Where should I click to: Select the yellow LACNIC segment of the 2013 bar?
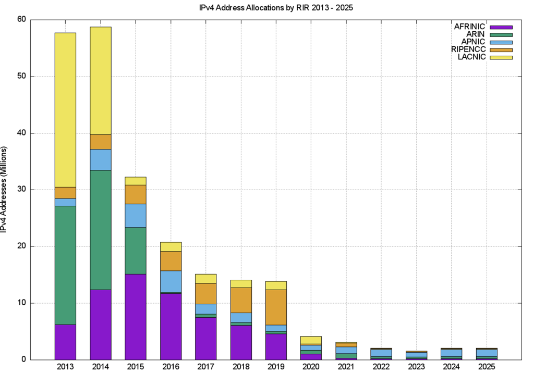pyautogui.click(x=65, y=109)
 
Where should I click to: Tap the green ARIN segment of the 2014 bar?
pyautogui.click(x=100, y=230)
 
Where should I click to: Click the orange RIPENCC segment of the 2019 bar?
pyautogui.click(x=276, y=307)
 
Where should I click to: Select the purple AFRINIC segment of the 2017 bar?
pyautogui.click(x=205, y=338)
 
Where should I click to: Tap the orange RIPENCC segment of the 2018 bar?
pyautogui.click(x=241, y=300)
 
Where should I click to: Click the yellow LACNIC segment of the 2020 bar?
pyautogui.click(x=311, y=340)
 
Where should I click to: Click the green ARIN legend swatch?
pyautogui.click(x=501, y=34)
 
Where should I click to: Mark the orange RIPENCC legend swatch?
pyautogui.click(x=501, y=49)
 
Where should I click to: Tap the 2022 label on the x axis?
pyautogui.click(x=381, y=366)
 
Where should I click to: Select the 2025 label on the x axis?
pyautogui.click(x=487, y=366)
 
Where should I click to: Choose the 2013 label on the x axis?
pyautogui.click(x=65, y=366)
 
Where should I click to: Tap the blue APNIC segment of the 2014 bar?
pyautogui.click(x=100, y=159)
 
